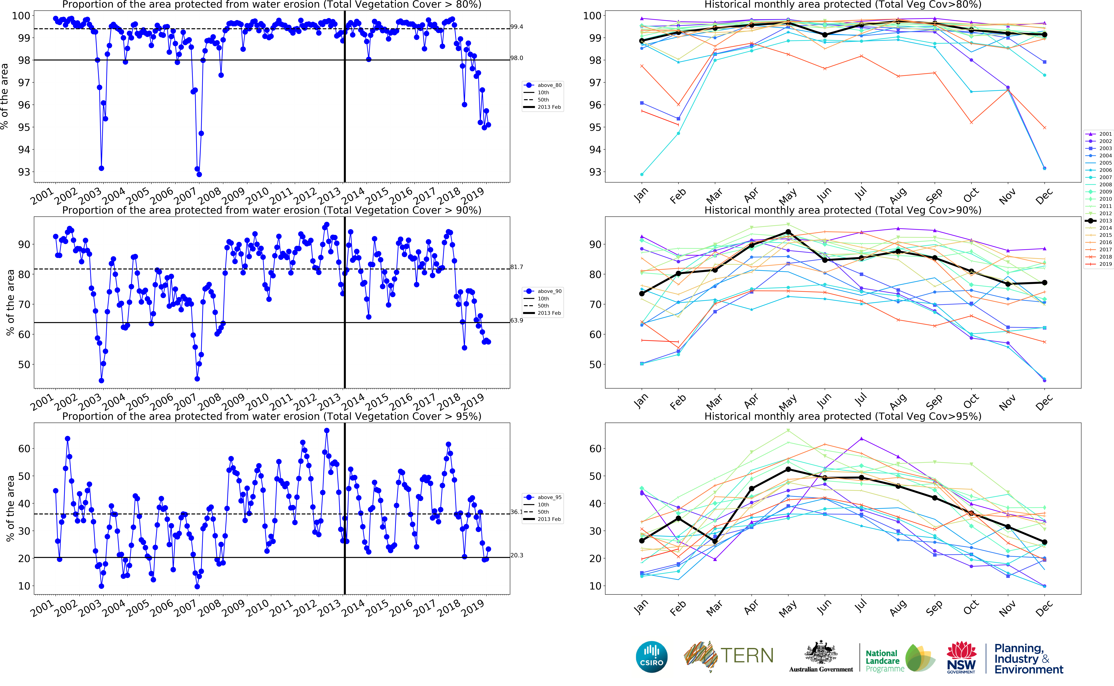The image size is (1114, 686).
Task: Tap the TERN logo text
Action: pyautogui.click(x=746, y=656)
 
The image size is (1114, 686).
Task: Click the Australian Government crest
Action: pyautogui.click(x=820, y=653)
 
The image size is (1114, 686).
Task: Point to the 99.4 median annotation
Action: pyautogui.click(x=516, y=27)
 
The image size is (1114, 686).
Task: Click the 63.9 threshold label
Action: pyautogui.click(x=516, y=320)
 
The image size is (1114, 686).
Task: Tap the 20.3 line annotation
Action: pyautogui.click(x=516, y=555)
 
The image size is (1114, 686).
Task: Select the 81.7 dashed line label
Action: pyautogui.click(x=516, y=267)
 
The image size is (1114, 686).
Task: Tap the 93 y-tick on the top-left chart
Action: pyautogui.click(x=24, y=172)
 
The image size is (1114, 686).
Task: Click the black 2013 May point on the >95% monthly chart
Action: pyautogui.click(x=788, y=469)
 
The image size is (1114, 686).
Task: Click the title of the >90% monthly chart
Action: pyautogui.click(x=843, y=210)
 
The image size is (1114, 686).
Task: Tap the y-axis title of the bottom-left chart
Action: pyautogui.click(x=10, y=508)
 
